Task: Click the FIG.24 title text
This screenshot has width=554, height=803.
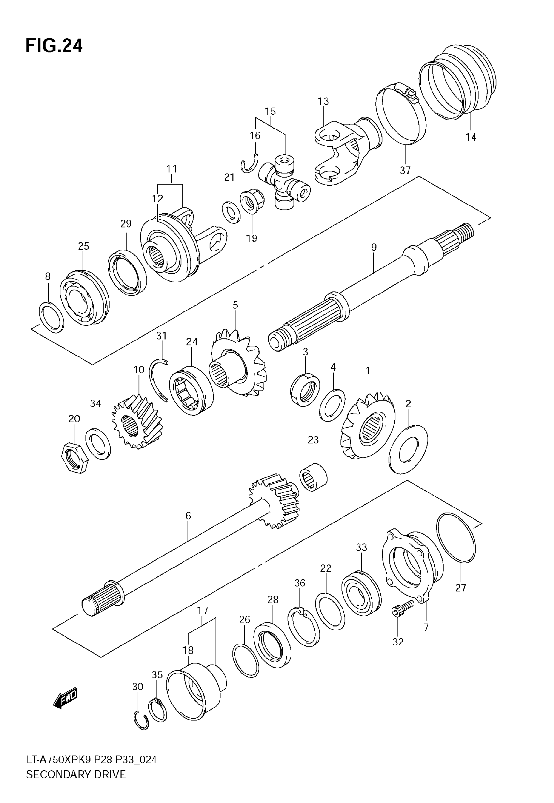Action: pos(54,46)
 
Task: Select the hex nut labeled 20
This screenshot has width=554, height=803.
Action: pos(74,458)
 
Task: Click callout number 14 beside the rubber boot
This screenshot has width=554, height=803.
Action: pos(471,137)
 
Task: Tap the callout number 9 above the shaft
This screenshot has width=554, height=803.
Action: pos(374,247)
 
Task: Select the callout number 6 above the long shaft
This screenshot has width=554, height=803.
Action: pos(188,516)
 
